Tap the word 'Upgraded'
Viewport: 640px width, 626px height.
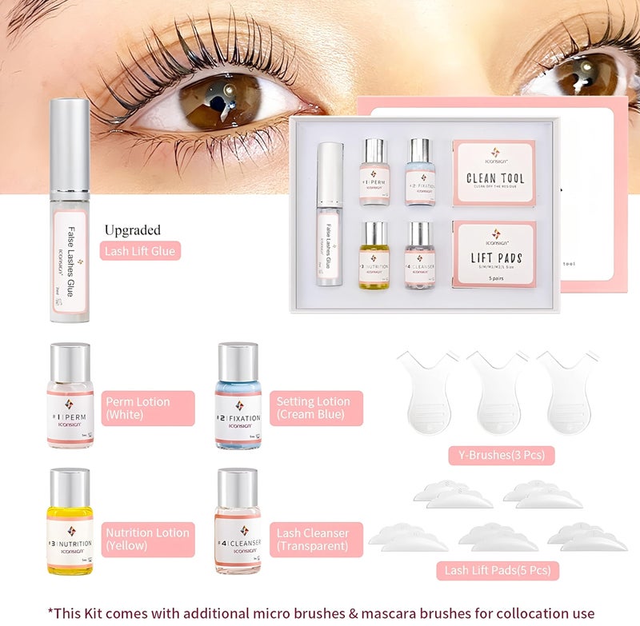(133, 230)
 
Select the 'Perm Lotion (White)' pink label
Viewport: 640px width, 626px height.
(147, 408)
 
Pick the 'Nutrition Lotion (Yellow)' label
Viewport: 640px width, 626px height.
(147, 539)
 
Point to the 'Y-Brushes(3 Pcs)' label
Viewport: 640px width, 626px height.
(502, 456)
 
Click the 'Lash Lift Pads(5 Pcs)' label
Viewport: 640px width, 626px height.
(497, 571)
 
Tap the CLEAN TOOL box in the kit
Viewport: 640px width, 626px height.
(493, 173)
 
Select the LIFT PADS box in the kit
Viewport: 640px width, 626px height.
(493, 254)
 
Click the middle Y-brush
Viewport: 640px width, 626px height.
(497, 392)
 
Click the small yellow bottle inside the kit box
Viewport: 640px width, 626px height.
(374, 255)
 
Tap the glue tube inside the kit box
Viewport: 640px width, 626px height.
(330, 214)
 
